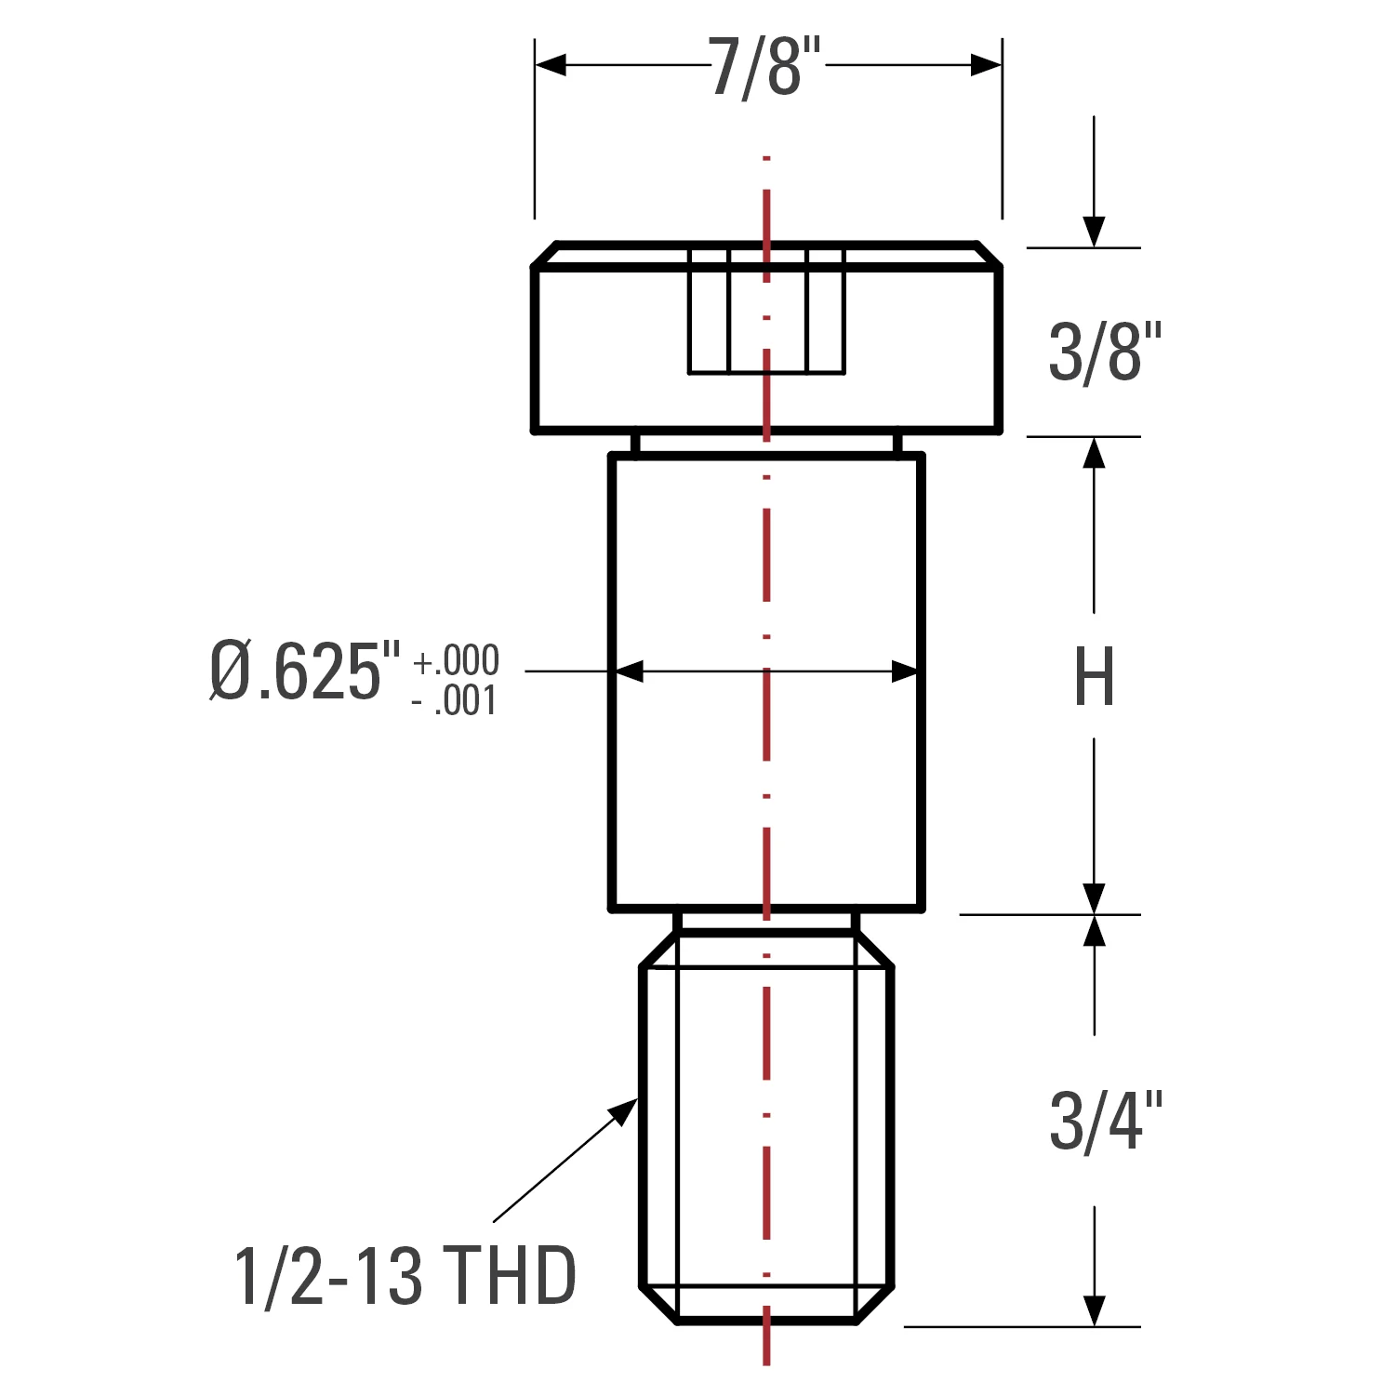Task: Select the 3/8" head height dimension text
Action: [x=1107, y=352]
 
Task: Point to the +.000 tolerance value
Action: [x=456, y=661]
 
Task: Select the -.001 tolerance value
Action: [x=454, y=701]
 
